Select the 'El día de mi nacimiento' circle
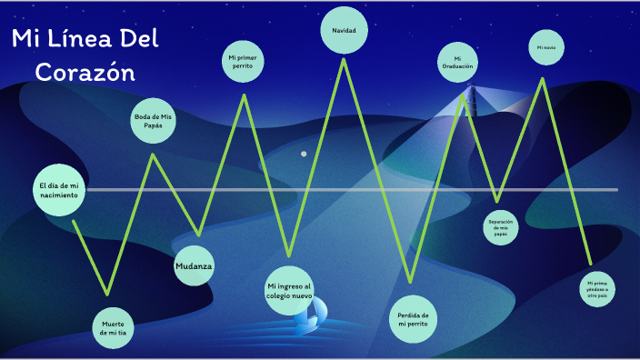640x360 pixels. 59,190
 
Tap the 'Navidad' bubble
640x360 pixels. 344,31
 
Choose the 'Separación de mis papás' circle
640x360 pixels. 501,227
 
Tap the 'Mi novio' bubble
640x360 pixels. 545,46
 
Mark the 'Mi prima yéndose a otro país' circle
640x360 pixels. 596,289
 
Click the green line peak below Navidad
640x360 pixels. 344,60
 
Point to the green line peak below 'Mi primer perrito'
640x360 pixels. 244,95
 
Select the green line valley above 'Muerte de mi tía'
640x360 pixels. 108,293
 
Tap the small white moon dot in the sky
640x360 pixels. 304,154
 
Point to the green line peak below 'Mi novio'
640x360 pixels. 544,79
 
